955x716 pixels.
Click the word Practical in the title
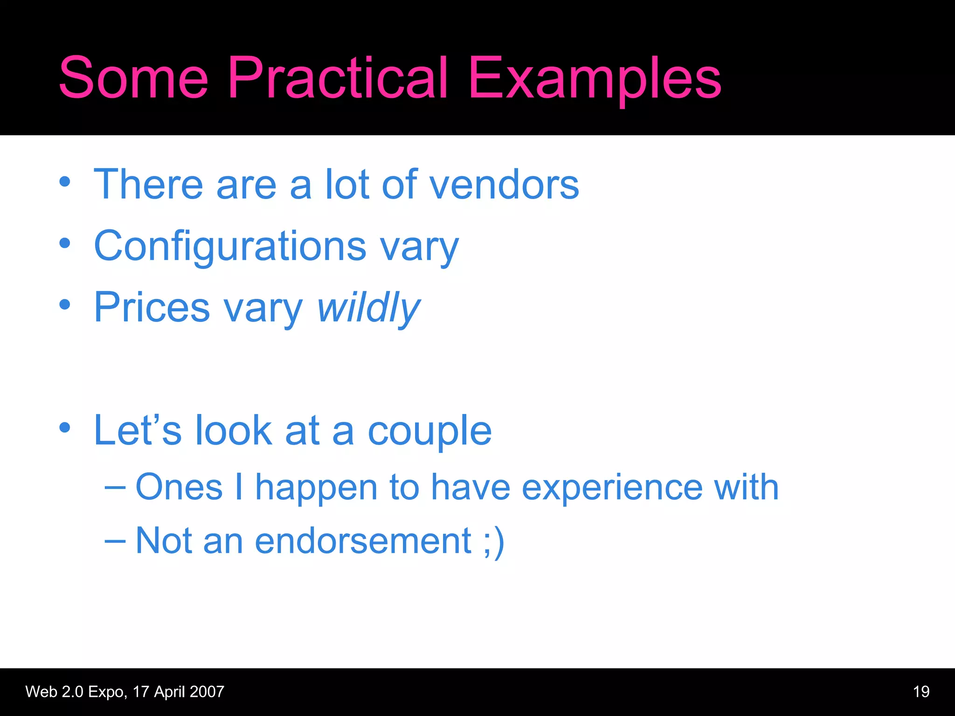click(338, 78)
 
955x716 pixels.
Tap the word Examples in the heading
click(595, 78)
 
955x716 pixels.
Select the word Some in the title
click(133, 78)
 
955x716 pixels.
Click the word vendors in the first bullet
click(504, 185)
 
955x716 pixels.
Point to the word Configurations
click(230, 246)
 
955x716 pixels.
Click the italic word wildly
click(368, 308)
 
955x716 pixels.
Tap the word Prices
click(152, 308)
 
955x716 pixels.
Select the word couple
click(429, 431)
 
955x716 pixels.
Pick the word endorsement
click(363, 541)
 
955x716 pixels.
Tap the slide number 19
click(921, 692)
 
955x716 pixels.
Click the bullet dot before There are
click(65, 182)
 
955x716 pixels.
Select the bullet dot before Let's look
click(65, 427)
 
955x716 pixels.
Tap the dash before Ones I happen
click(115, 488)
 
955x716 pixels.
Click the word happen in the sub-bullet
click(316, 487)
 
